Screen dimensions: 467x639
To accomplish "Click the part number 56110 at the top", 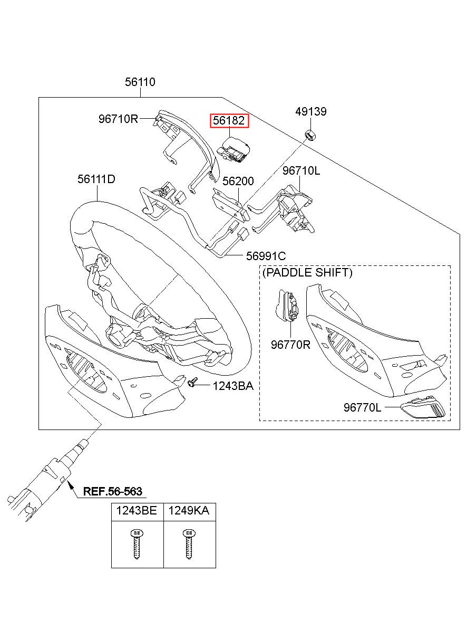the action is click(140, 82).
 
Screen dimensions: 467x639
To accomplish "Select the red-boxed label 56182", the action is click(229, 121).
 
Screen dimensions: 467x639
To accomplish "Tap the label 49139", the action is click(311, 111).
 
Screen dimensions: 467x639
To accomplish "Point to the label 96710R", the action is click(118, 119).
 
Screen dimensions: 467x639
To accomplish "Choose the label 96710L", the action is click(301, 170).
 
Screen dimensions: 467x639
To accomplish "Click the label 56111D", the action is click(96, 179).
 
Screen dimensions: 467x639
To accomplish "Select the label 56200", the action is click(238, 181).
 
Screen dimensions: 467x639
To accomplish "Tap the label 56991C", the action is click(266, 256).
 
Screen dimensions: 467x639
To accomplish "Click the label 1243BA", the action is click(233, 386).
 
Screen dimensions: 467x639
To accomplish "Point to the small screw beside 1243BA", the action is click(193, 383).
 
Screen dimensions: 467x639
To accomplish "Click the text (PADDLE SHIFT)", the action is click(307, 272).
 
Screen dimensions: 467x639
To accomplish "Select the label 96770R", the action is click(290, 345).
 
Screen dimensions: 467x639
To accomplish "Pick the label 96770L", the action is click(362, 407).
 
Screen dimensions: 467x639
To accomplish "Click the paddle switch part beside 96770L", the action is click(423, 407).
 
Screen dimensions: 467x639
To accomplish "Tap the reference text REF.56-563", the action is click(113, 491).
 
